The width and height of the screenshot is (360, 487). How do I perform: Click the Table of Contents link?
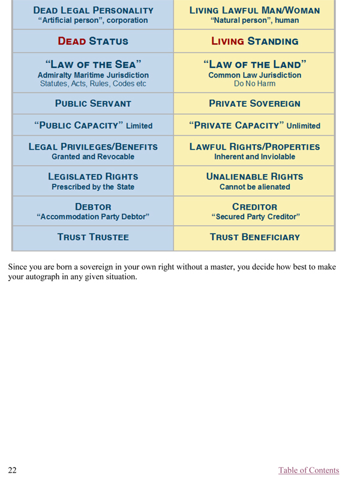coord(308,470)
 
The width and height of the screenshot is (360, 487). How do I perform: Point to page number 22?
coord(12,470)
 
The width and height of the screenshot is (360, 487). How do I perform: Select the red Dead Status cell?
coord(92,41)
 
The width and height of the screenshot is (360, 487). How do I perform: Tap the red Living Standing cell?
coord(254,41)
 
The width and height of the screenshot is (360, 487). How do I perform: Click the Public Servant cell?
coord(92,103)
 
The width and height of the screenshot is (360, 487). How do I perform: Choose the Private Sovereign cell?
coord(254,103)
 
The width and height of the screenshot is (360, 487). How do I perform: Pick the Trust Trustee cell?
coord(92,237)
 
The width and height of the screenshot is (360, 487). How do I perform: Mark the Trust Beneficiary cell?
coord(254,237)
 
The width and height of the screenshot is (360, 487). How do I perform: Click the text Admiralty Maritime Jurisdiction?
coord(92,75)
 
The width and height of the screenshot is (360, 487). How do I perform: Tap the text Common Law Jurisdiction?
coord(254,75)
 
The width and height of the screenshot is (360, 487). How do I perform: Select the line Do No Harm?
coord(254,84)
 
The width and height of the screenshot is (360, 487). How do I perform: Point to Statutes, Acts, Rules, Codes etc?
coord(92,84)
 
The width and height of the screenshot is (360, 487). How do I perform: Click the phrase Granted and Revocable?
coord(92,156)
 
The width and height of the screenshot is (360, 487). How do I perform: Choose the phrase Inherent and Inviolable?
coord(254,156)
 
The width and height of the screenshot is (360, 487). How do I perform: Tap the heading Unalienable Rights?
coord(254,177)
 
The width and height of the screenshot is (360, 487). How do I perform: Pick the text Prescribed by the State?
coord(92,187)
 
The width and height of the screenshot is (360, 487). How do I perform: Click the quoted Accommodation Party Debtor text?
coord(92,216)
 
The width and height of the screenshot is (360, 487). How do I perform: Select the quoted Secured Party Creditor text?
coord(254,216)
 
